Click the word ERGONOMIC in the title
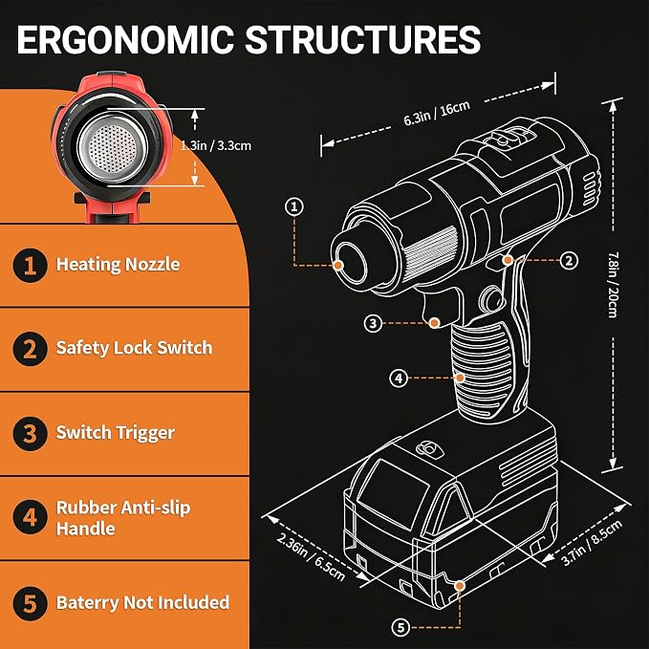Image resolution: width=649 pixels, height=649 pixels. tap(125, 40)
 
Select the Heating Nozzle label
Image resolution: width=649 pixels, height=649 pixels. tap(118, 265)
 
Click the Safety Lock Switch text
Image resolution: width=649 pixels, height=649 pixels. tap(134, 348)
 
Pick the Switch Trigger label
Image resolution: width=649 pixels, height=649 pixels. tap(115, 433)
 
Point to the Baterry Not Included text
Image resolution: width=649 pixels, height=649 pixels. tap(142, 602)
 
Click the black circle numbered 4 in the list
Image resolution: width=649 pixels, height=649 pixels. tap(30, 517)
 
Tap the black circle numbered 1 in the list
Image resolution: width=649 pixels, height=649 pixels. tap(30, 266)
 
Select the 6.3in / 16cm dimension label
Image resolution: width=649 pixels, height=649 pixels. tap(437, 113)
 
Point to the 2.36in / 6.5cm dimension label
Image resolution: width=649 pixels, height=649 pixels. tap(311, 556)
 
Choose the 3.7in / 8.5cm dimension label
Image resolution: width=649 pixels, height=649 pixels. tap(592, 543)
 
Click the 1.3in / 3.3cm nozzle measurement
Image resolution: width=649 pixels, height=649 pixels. tap(216, 145)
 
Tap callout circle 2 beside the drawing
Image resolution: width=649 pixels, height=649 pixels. tap(569, 261)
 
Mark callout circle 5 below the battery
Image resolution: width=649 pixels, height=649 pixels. tap(400, 627)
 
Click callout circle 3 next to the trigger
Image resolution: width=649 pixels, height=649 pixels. tap(373, 323)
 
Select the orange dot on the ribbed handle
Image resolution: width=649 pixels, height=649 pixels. tap(460, 378)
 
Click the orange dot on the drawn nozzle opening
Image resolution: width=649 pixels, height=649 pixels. tap(338, 266)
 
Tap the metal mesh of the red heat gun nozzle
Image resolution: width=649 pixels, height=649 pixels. tap(113, 148)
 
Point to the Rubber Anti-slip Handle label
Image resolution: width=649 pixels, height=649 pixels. tap(123, 518)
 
